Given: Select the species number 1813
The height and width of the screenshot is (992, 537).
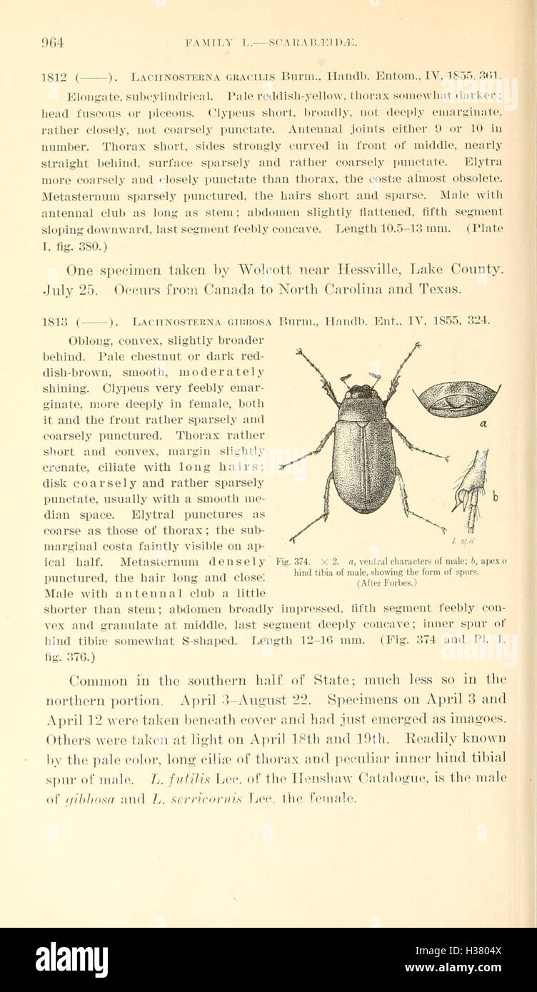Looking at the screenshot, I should [x=54, y=323].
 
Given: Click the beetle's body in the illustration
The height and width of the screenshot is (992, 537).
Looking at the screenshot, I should [x=363, y=457].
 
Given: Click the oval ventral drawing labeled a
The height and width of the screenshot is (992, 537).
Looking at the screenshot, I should [x=455, y=400].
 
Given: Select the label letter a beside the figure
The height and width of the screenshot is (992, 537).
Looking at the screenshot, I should [x=483, y=423].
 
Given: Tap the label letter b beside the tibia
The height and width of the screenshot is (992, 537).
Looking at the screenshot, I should [x=495, y=496].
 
